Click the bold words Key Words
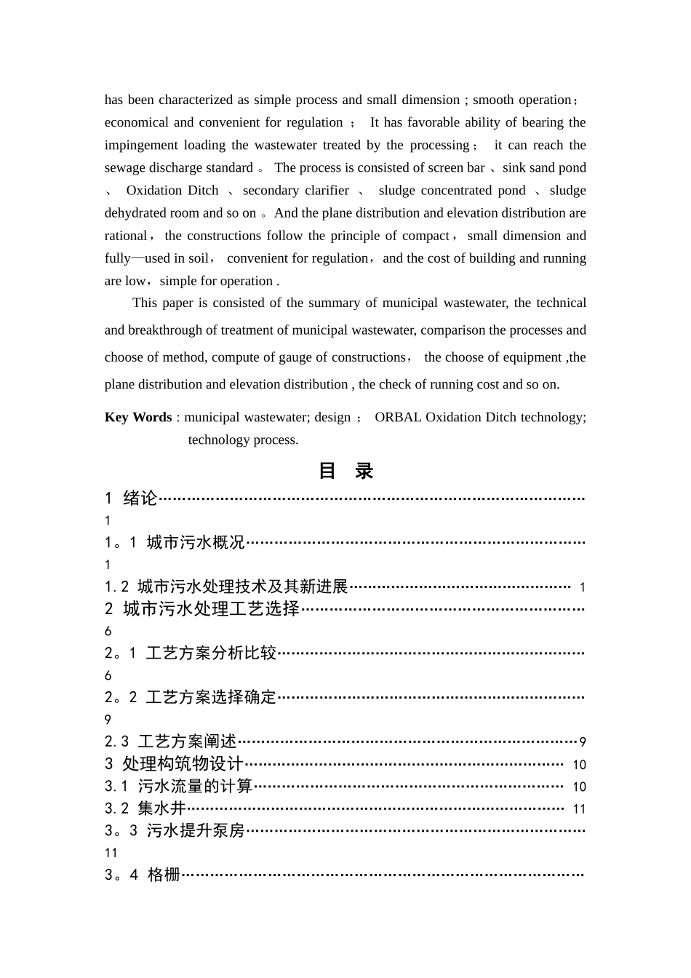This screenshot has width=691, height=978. (x=138, y=417)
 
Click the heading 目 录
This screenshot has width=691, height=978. (x=345, y=471)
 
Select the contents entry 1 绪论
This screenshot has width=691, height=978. (x=132, y=498)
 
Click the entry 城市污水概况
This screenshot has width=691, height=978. (x=196, y=542)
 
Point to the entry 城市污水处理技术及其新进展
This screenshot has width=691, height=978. (x=242, y=587)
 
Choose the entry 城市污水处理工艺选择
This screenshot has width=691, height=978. (x=211, y=609)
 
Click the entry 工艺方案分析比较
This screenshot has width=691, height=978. (x=211, y=653)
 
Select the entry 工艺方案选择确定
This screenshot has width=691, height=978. (x=211, y=697)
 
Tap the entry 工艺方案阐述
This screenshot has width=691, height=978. (x=187, y=742)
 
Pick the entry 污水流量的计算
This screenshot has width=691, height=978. (x=195, y=786)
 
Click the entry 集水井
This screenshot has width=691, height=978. (x=161, y=808)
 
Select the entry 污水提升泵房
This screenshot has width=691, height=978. (x=196, y=830)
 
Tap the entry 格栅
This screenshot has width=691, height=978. (x=164, y=875)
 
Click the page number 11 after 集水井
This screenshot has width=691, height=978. (x=579, y=809)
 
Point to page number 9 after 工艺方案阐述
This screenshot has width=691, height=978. (x=583, y=742)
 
